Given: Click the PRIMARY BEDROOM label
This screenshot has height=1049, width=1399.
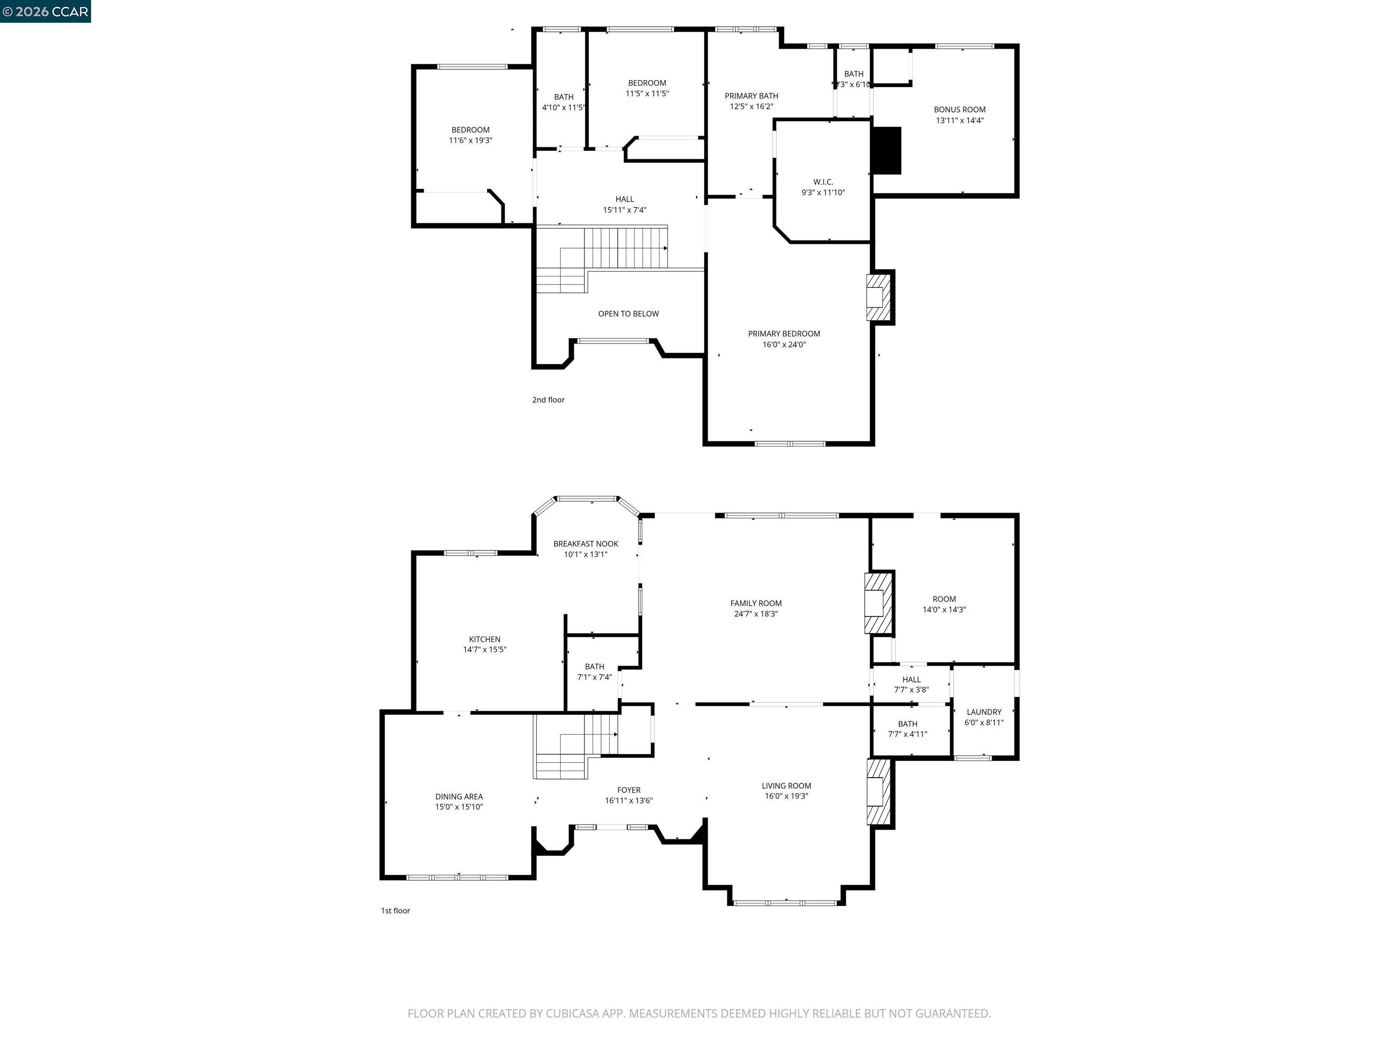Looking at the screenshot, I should coord(784,334).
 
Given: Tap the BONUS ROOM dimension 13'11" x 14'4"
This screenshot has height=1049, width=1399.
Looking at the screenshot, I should coord(960,121).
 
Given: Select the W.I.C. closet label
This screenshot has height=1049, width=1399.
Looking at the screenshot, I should coord(823,182).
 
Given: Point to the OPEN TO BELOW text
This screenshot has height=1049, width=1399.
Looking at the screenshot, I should coord(628,314).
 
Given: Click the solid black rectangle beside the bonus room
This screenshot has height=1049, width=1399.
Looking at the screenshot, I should coord(886,151).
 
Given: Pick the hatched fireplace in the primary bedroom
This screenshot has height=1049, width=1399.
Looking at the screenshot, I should coord(878,297).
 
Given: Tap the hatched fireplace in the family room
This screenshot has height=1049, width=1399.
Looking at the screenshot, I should coord(878,603).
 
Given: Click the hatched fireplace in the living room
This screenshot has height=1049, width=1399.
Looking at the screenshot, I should coord(878,792).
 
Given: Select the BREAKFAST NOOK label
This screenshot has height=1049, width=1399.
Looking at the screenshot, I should coord(586,544).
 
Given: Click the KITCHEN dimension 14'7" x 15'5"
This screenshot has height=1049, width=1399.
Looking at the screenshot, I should coord(485,649).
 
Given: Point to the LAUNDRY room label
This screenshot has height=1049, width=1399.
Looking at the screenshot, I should coord(984,712).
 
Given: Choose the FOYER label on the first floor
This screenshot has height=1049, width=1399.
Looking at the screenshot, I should coord(628,790).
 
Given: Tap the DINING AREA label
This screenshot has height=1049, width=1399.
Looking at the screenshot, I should coord(459,797).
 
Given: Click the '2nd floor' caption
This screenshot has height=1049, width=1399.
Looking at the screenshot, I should coord(548,400).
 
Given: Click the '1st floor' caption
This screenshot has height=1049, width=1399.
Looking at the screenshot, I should coord(395,911).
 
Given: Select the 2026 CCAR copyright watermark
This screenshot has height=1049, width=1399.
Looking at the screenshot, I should coord(45,11).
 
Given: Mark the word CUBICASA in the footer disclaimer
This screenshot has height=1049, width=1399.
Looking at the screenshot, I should coord(572,1013).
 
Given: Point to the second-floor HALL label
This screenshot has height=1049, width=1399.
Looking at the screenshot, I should coord(624,199).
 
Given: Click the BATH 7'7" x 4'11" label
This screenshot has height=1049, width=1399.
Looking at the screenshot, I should coord(907,724).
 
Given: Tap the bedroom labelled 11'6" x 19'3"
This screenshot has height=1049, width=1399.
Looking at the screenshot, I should coord(470,135).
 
